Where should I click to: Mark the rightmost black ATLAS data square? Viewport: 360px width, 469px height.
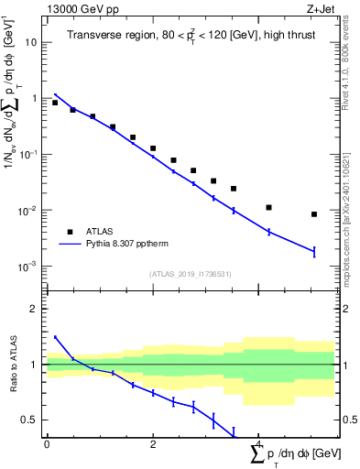pyautogui.click(x=314, y=214)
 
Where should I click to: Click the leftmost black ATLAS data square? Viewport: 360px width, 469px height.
pyautogui.click(x=55, y=103)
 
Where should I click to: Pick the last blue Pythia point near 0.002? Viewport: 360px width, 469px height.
pyautogui.click(x=314, y=251)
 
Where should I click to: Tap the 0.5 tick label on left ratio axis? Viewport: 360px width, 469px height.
pyautogui.click(x=30, y=420)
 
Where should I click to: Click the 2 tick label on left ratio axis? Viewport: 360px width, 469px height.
pyautogui.click(x=35, y=309)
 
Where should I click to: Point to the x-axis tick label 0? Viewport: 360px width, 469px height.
pyautogui.click(x=47, y=444)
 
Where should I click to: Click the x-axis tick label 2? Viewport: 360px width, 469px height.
pyautogui.click(x=153, y=444)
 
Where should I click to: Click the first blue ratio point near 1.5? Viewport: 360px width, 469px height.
pyautogui.click(x=55, y=337)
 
